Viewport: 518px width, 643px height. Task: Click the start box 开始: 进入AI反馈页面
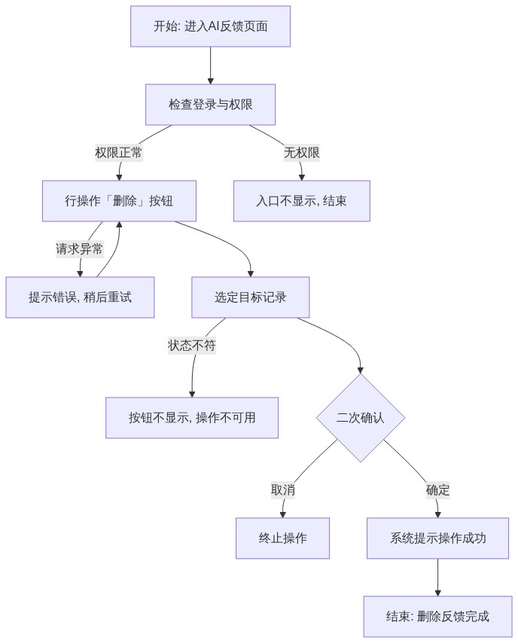pos(210,26)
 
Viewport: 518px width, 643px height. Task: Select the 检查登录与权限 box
pos(210,105)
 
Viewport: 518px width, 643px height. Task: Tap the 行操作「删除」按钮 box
pos(119,201)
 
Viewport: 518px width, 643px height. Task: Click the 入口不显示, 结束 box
pos(302,201)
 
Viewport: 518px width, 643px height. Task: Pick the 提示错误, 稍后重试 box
pos(80,297)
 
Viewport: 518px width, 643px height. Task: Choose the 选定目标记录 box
pos(251,297)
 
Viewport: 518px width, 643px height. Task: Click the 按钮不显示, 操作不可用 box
pos(192,418)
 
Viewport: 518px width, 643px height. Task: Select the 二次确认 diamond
pos(361,418)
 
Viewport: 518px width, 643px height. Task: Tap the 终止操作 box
pos(282,538)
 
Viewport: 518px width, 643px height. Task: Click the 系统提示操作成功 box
pos(437,538)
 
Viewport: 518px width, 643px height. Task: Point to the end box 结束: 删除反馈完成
pos(437,617)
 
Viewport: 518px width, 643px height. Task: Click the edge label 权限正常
pos(119,153)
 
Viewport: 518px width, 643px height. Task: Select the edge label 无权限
pos(302,153)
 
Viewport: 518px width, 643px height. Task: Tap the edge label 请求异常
pos(80,249)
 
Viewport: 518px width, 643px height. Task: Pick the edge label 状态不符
pos(192,346)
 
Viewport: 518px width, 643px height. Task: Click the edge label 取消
pos(282,490)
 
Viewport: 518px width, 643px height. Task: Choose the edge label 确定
pos(437,490)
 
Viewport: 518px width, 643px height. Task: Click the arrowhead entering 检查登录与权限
pos(210,81)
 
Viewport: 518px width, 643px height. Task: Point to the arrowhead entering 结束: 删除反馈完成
pos(437,593)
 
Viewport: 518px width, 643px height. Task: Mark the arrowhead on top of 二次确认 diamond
pos(361,370)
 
